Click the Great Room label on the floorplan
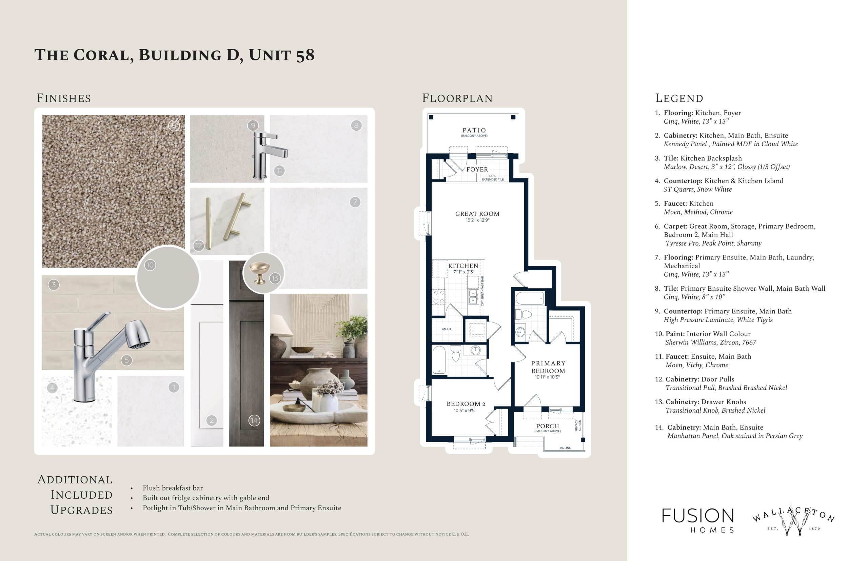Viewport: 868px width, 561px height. (x=477, y=214)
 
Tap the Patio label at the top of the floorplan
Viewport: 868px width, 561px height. (x=474, y=130)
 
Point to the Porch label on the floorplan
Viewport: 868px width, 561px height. (x=547, y=426)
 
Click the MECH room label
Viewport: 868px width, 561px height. (x=447, y=329)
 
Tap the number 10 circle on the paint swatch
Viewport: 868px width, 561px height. (x=150, y=265)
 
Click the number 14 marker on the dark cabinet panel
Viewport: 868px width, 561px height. (x=254, y=420)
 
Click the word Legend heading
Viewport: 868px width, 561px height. (x=679, y=98)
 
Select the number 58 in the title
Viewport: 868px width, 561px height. (x=305, y=55)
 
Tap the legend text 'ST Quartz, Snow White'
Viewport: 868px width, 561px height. (x=697, y=189)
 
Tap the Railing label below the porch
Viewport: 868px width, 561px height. (x=566, y=448)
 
